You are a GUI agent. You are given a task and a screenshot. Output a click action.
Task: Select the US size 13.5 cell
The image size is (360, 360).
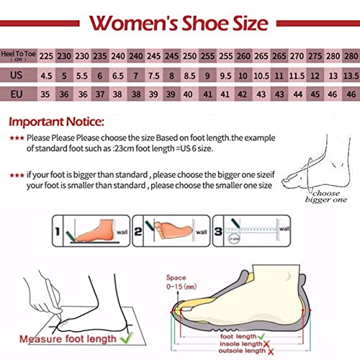click(x=349, y=74)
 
